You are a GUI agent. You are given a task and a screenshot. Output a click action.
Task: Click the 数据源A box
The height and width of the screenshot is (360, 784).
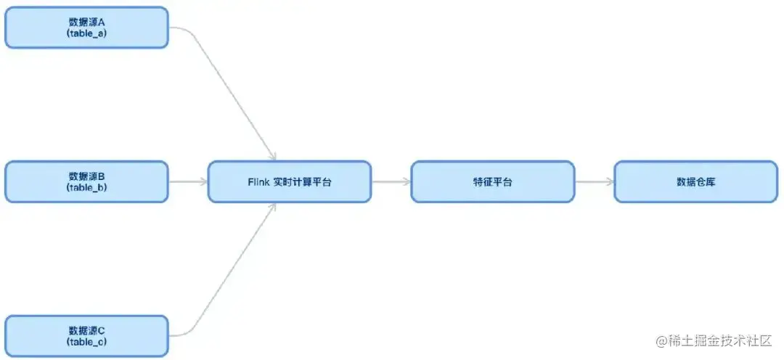click(x=86, y=28)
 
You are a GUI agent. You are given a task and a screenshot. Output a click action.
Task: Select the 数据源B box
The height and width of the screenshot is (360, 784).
click(x=86, y=181)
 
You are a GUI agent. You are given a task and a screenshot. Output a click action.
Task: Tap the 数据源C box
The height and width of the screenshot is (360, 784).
click(x=86, y=335)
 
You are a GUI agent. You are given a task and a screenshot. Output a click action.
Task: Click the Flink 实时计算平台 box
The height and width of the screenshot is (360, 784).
click(x=290, y=181)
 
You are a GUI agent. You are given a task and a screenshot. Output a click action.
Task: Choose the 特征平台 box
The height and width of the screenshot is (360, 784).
click(x=492, y=181)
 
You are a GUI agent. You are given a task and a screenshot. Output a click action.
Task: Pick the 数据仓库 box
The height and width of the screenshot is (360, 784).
click(x=695, y=181)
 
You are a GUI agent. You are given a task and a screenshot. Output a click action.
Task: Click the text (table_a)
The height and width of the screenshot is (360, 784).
click(x=86, y=33)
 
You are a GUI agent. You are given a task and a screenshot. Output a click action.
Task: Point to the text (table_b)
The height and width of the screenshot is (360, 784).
click(x=86, y=187)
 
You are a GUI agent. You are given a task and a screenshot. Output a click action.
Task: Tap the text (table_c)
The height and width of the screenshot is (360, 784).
click(x=86, y=341)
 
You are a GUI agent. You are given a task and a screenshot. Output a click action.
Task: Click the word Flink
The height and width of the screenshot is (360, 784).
click(x=258, y=182)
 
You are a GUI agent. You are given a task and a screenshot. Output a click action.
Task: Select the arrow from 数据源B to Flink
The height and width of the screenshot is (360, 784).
click(x=187, y=181)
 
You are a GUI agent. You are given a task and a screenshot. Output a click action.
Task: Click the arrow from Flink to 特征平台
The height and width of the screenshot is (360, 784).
click(x=391, y=181)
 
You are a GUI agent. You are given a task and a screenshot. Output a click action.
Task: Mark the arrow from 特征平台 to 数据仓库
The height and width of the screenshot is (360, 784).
click(x=594, y=181)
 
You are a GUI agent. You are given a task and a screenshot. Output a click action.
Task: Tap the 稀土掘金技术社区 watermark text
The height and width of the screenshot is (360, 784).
click(x=722, y=340)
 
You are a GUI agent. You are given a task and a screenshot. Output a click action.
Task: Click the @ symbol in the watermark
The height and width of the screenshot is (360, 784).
click(x=661, y=340)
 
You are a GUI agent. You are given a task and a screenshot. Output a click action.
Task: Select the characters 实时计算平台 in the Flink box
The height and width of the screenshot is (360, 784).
click(x=302, y=182)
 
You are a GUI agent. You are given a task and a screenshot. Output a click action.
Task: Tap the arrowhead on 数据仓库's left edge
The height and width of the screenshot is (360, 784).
click(x=610, y=181)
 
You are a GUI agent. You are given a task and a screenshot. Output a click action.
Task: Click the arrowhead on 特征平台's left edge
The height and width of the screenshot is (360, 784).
click(x=407, y=181)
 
